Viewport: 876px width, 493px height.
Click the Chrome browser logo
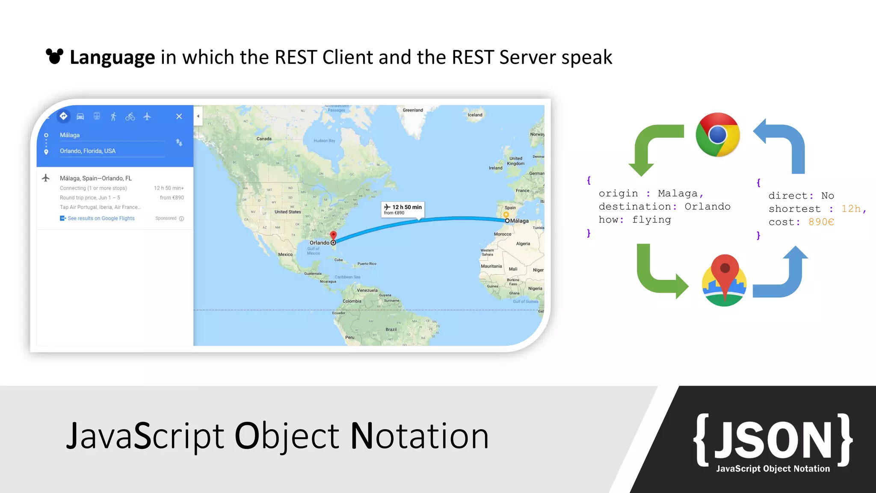pyautogui.click(x=718, y=135)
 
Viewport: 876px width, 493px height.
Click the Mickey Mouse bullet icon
pyautogui.click(x=54, y=56)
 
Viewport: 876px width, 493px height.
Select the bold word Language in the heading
pyautogui.click(x=112, y=57)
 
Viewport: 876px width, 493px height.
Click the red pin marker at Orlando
pyautogui.click(x=333, y=235)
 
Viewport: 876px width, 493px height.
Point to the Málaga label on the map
pyautogui.click(x=519, y=221)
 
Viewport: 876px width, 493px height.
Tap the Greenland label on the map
pyautogui.click(x=412, y=110)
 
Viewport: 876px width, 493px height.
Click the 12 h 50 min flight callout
pyautogui.click(x=402, y=209)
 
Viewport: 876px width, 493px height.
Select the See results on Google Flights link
pyautogui.click(x=101, y=218)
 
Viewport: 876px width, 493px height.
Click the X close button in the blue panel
pyautogui.click(x=179, y=116)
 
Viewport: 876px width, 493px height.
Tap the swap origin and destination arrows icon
pyautogui.click(x=179, y=143)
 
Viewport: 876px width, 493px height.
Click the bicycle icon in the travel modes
pyautogui.click(x=130, y=116)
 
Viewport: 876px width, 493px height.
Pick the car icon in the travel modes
pyautogui.click(x=80, y=116)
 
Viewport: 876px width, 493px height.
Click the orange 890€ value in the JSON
pyautogui.click(x=821, y=222)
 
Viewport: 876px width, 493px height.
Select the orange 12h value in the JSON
pyautogui.click(x=851, y=208)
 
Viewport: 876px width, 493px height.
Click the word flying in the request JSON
pyautogui.click(x=651, y=220)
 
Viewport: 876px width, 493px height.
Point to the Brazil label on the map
pyautogui.click(x=391, y=330)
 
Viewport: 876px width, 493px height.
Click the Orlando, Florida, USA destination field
pyautogui.click(x=88, y=151)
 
